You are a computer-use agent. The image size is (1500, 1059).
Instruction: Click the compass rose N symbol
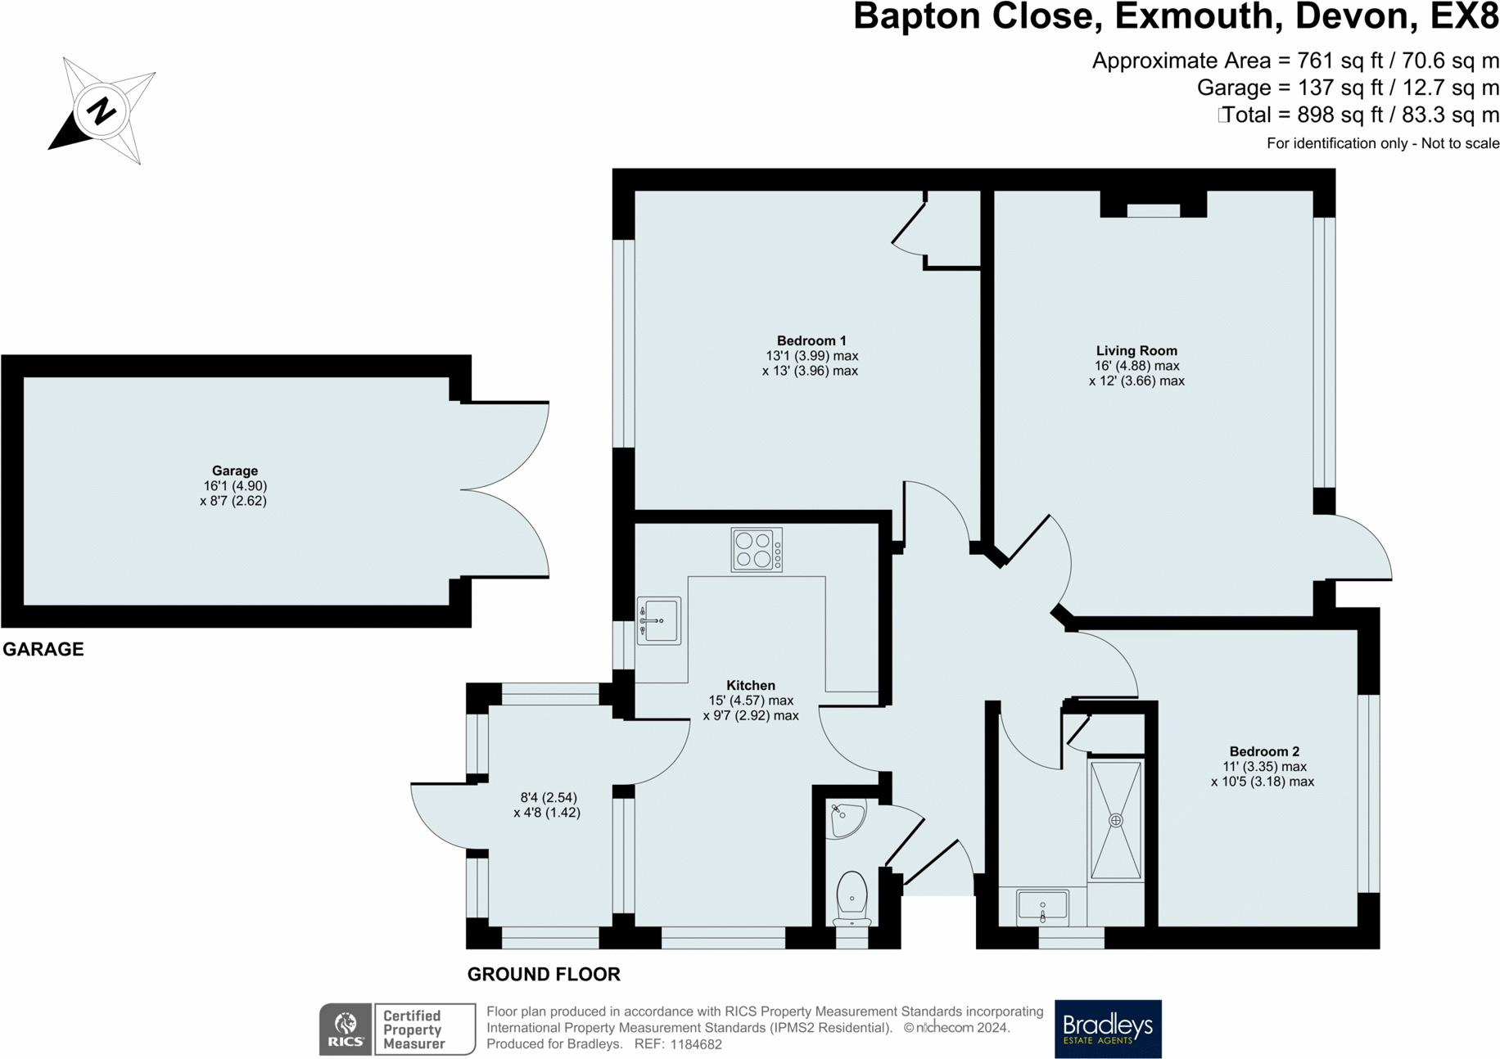click(x=101, y=110)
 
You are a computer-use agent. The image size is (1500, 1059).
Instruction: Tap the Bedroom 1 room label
click(x=811, y=340)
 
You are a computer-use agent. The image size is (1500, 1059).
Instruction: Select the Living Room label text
click(x=1136, y=350)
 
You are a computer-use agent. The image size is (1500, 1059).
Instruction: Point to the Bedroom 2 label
click(x=1264, y=751)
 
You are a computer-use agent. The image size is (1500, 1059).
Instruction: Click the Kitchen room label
click(x=751, y=685)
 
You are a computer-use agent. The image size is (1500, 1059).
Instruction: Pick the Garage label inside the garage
click(x=235, y=471)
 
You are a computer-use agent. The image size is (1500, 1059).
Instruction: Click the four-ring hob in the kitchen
click(x=757, y=550)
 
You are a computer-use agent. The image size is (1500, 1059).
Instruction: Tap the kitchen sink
click(x=659, y=621)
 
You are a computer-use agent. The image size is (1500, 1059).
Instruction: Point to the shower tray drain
click(x=1115, y=820)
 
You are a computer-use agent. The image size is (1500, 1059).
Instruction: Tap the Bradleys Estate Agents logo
click(x=1108, y=1029)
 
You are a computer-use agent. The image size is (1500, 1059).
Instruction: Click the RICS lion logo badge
click(x=346, y=1029)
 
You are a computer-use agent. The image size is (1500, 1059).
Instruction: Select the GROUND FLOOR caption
click(x=544, y=974)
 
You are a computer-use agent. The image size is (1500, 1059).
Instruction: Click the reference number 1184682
click(x=696, y=1044)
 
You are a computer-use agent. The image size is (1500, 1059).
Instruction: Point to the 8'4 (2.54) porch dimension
click(x=549, y=797)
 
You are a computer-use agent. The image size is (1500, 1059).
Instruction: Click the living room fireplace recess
click(x=1154, y=205)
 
